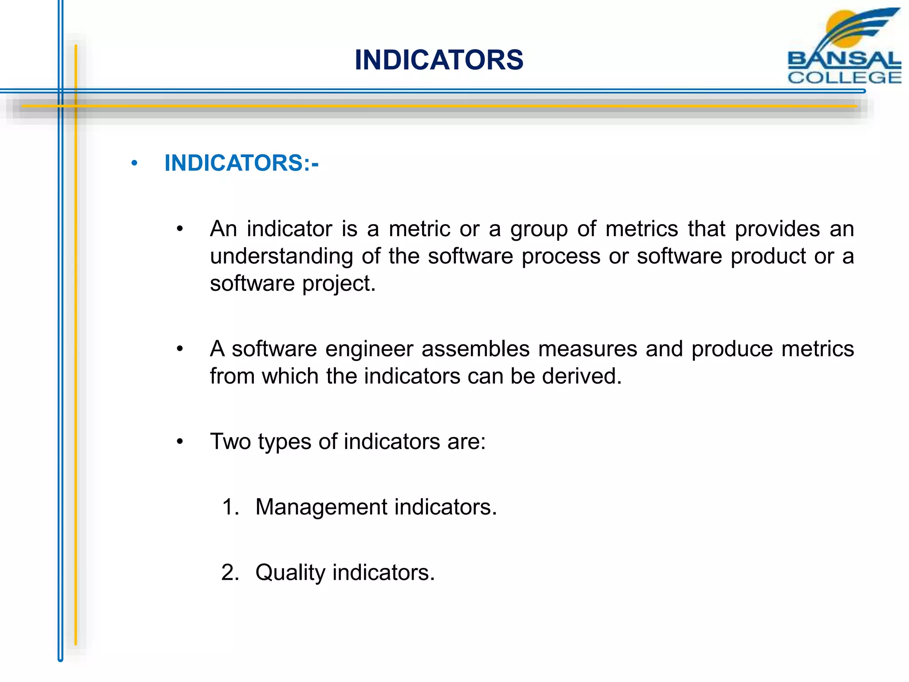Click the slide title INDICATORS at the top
click(439, 60)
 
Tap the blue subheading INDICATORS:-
click(241, 163)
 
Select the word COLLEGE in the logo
click(844, 77)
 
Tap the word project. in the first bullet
click(339, 284)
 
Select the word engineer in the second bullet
click(369, 349)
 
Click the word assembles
click(475, 349)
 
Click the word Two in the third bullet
click(230, 441)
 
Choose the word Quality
click(290, 572)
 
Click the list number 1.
click(230, 507)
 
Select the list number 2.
click(230, 572)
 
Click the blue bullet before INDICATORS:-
click(134, 163)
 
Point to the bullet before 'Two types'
click(180, 442)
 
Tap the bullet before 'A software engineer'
click(180, 349)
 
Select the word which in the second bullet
click(290, 376)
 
